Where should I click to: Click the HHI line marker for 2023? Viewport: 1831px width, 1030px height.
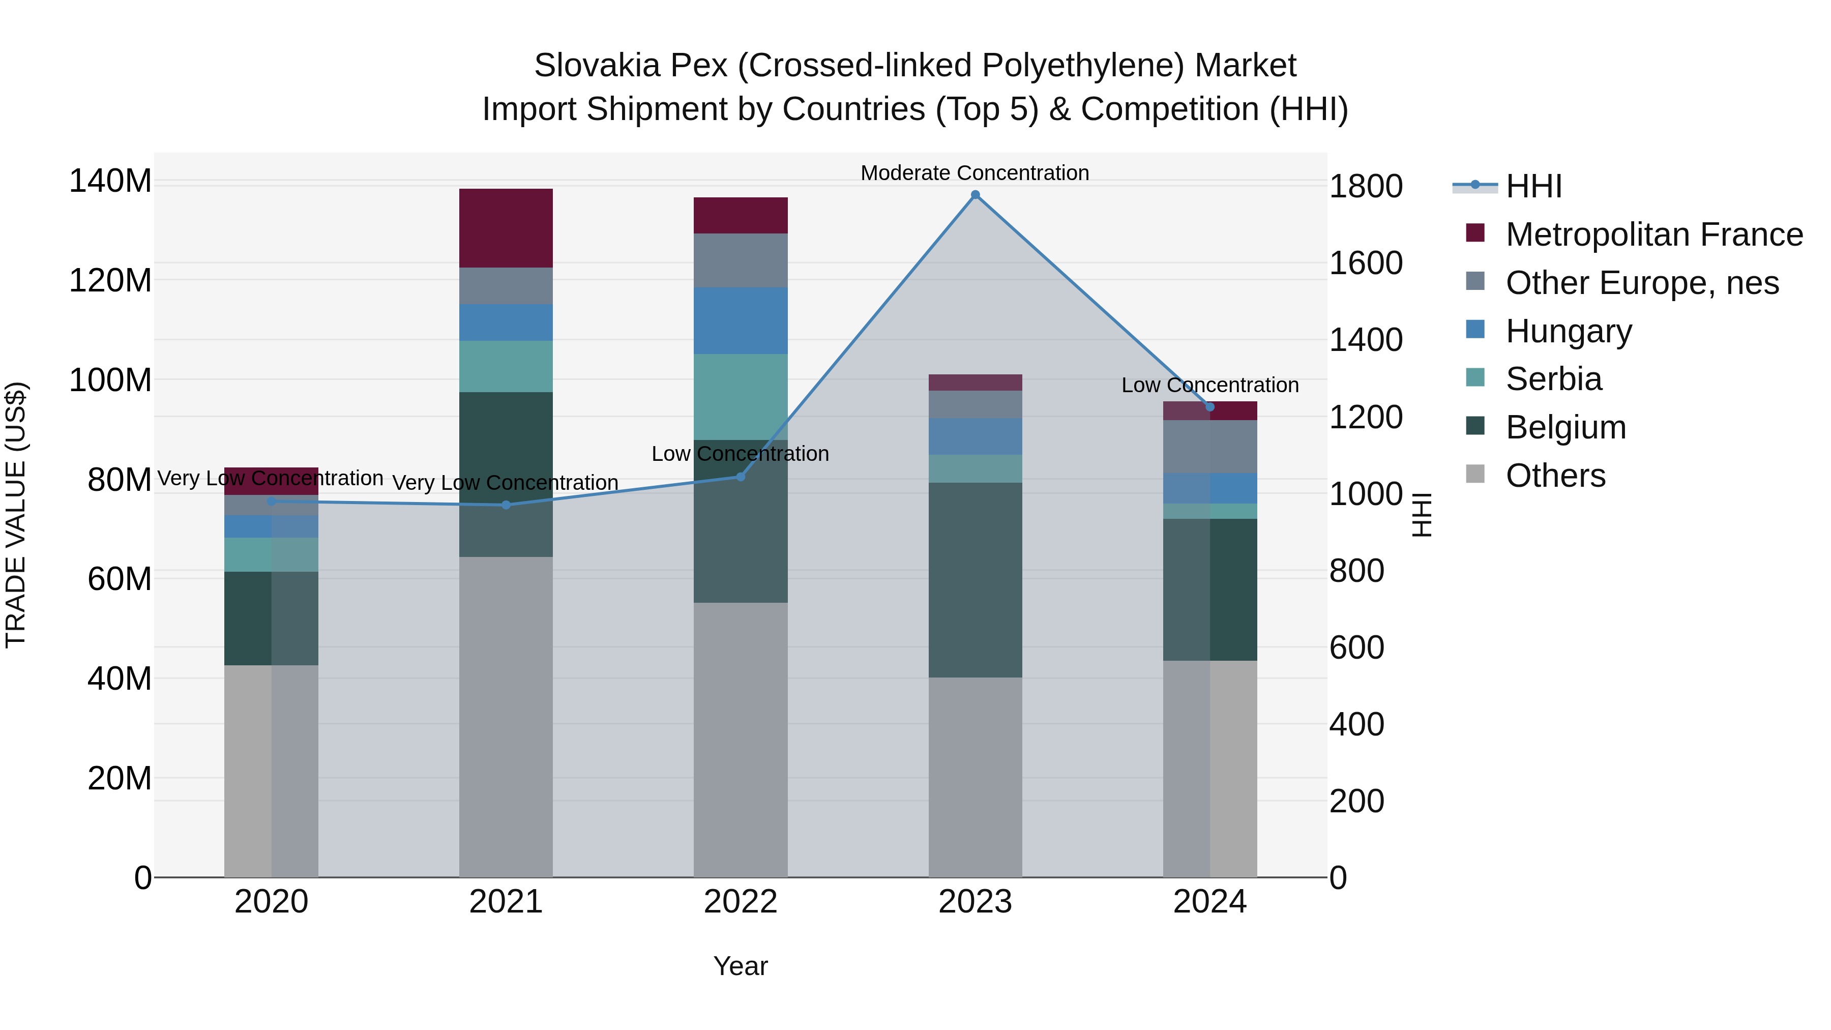coord(975,195)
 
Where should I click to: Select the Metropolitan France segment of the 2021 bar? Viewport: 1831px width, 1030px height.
coord(506,228)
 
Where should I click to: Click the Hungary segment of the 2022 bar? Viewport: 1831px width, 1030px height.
coord(741,320)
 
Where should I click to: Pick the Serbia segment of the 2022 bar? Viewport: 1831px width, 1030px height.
coord(741,397)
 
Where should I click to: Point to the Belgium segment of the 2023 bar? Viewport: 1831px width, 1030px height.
coord(975,580)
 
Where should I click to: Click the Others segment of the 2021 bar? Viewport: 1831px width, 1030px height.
coord(506,717)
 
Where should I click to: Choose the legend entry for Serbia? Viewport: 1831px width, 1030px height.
coord(1554,379)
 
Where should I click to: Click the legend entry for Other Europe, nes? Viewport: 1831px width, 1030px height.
coord(1642,283)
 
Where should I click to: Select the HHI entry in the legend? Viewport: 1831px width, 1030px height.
coord(1534,186)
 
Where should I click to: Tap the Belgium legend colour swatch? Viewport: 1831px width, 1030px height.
coord(1475,427)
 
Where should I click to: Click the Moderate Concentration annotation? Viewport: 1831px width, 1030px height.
coord(974,173)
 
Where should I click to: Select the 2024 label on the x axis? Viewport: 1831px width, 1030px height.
coord(1210,902)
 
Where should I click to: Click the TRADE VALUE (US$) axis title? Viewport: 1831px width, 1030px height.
coord(16,515)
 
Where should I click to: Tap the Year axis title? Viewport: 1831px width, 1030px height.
coord(741,966)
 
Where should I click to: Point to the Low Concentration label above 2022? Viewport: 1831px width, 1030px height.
coord(740,454)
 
